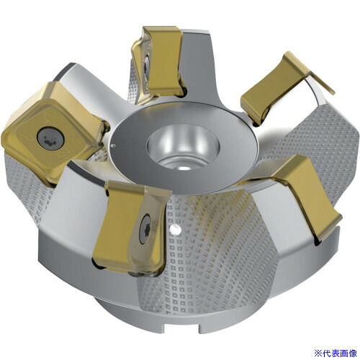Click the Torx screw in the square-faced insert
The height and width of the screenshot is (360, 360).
coord(50,138)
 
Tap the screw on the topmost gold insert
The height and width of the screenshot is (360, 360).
coord(146,63)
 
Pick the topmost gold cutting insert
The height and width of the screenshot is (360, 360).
coord(158,65)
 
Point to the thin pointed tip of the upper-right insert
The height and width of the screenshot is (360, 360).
coord(333,92)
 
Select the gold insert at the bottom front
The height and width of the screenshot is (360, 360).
coord(131,228)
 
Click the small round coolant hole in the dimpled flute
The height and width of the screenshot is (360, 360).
coord(175,230)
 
